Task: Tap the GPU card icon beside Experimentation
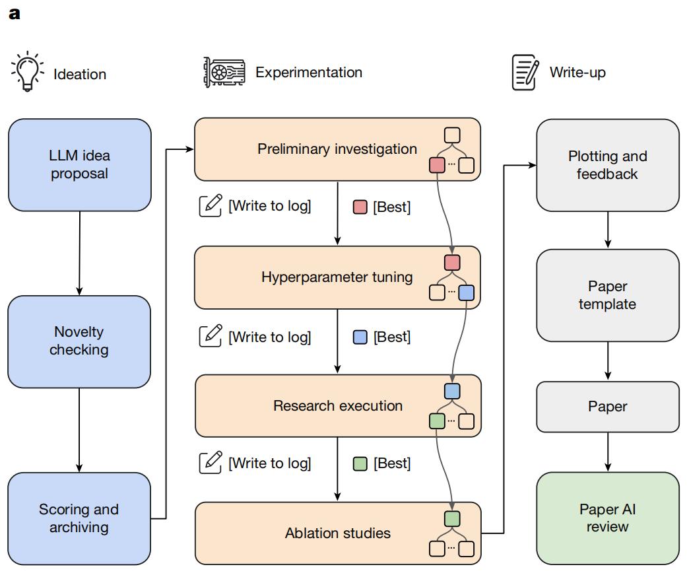coord(224,72)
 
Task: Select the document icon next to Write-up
coord(525,72)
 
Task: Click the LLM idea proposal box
coord(80,165)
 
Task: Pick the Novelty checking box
coord(80,341)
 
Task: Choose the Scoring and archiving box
coord(80,518)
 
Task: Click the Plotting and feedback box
coord(607,165)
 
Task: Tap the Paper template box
coord(607,295)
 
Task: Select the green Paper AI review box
coord(607,518)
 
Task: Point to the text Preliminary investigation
coord(337,149)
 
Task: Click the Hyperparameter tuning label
coord(337,277)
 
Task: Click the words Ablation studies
coord(337,533)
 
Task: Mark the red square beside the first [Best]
coord(360,207)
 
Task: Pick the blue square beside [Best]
coord(360,337)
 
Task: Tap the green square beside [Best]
coord(360,463)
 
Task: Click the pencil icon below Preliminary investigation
coord(211,206)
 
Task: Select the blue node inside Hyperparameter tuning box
coord(466,292)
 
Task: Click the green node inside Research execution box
coord(437,421)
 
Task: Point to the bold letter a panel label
coord(15,13)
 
